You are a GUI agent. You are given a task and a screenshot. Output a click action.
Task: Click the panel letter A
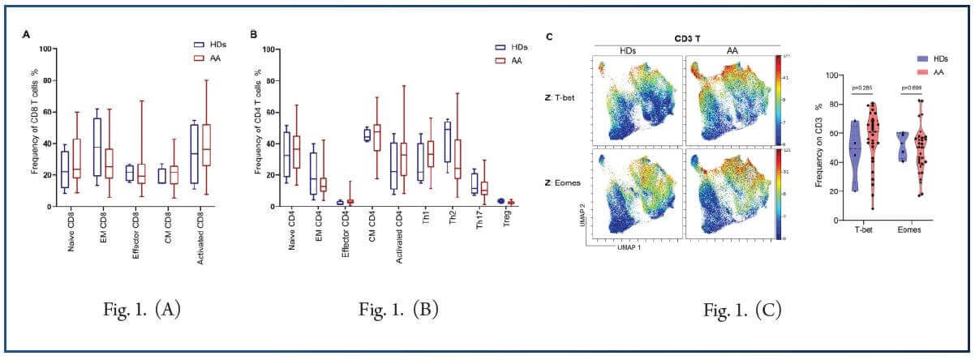click(28, 35)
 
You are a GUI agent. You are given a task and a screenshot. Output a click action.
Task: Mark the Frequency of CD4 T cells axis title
click(258, 133)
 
